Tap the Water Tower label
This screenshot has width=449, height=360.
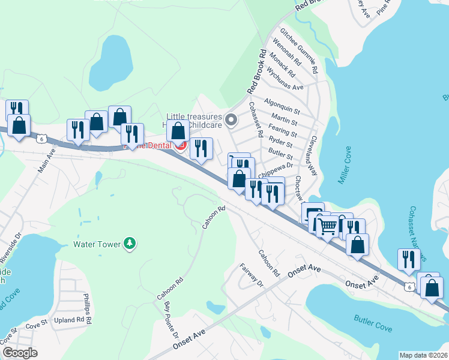[x=97, y=244]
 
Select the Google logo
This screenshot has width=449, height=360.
[x=20, y=353]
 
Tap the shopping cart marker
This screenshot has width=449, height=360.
[x=327, y=227]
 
